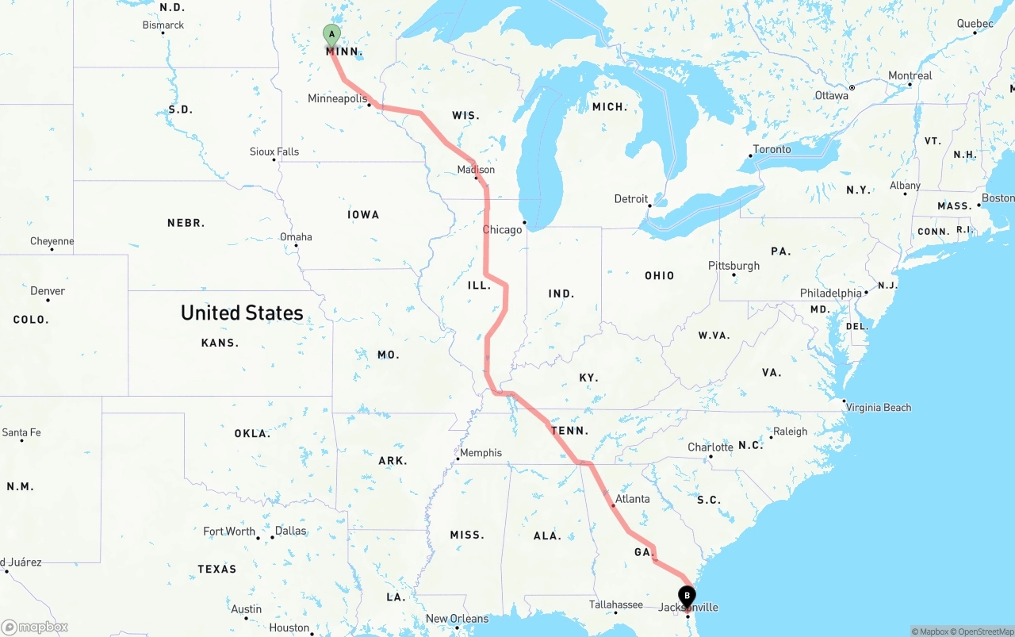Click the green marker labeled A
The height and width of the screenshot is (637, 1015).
coord(331,36)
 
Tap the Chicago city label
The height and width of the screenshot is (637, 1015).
coord(503,230)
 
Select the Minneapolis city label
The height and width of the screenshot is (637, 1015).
coord(337,99)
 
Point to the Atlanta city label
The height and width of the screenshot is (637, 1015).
coord(632,499)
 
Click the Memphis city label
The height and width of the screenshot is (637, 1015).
coord(481,453)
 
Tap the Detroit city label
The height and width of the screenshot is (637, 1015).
coord(631,199)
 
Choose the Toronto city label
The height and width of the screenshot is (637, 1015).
coord(772,149)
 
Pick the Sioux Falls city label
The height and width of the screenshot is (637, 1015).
coord(274,152)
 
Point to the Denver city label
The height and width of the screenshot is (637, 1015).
coord(48,291)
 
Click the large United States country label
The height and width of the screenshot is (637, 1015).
coord(242,313)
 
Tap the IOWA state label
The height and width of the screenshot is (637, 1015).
coord(363,215)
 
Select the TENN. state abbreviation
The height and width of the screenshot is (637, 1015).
coord(570,431)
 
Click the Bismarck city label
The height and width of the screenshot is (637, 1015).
coord(163,25)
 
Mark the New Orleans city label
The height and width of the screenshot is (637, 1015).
coord(458,619)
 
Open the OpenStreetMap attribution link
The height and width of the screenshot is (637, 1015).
coord(983,631)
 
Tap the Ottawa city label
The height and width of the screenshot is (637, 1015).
coord(831,95)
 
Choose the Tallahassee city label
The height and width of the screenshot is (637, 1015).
coord(616,604)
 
